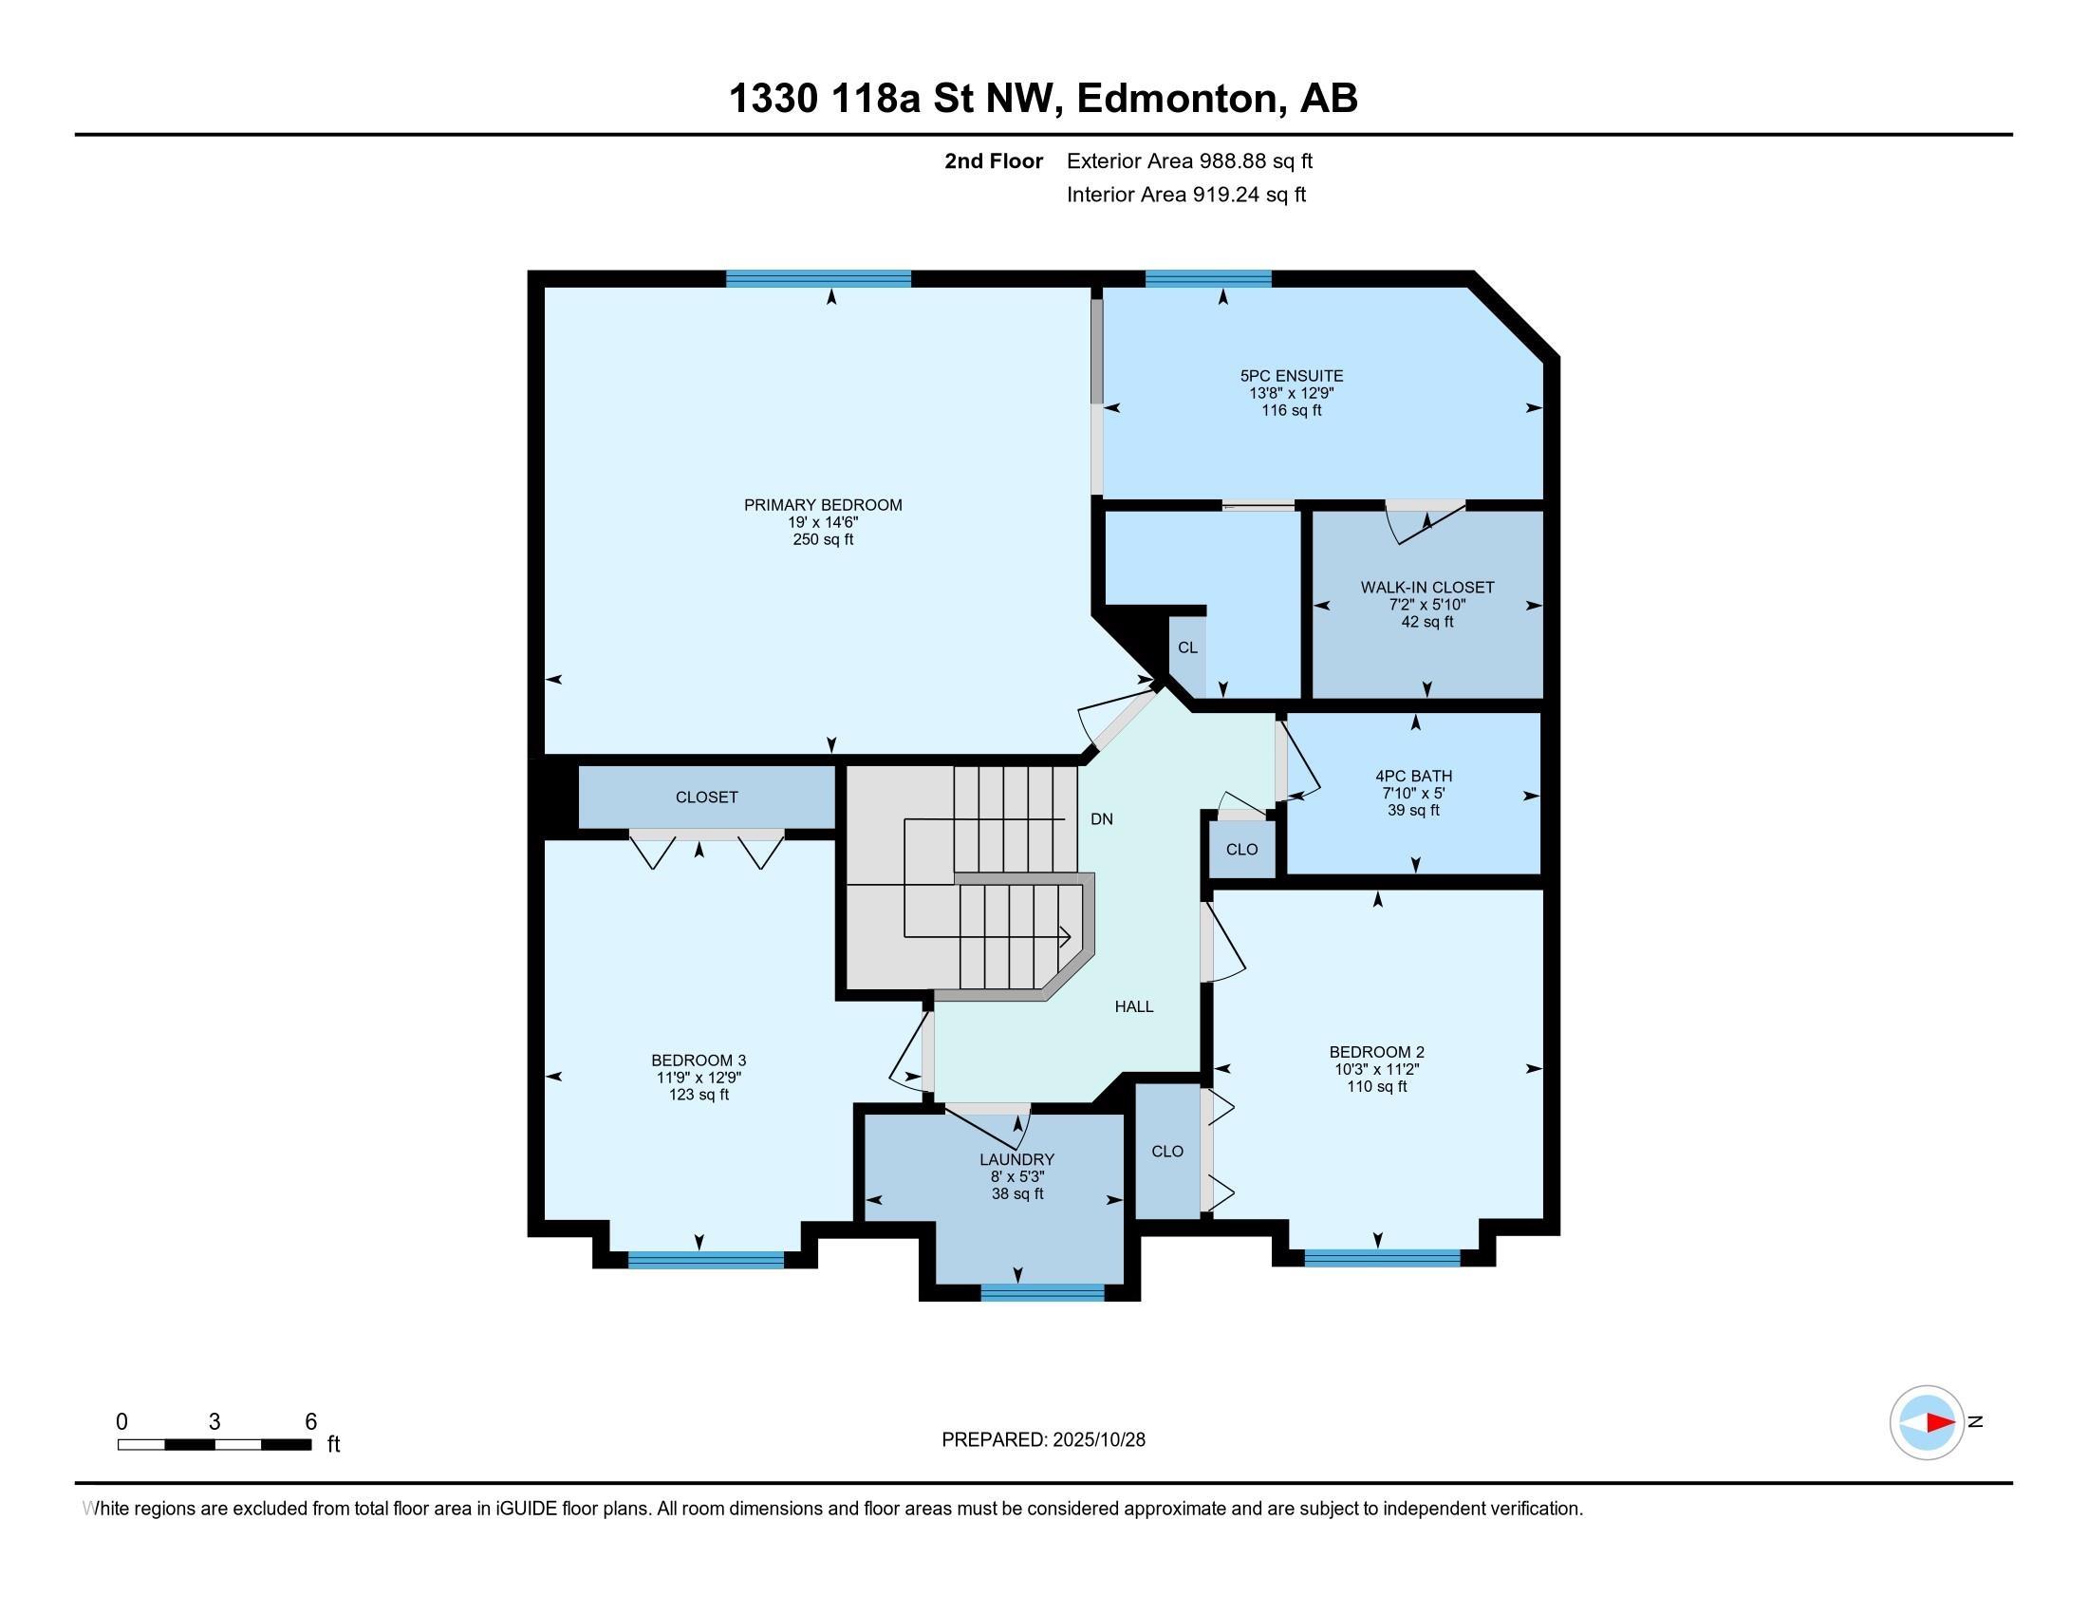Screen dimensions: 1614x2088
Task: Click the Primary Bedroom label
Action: tap(822, 505)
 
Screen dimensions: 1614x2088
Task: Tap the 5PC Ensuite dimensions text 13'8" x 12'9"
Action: tap(1291, 393)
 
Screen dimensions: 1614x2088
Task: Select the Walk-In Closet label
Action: tap(1426, 587)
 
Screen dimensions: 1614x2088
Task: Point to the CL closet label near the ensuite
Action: tap(1187, 647)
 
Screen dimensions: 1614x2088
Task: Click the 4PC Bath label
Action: tap(1413, 776)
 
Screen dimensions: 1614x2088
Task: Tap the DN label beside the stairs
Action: tap(1101, 819)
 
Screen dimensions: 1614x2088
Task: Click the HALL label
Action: tap(1134, 1006)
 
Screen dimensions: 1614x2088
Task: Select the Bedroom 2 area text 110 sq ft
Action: tap(1377, 1086)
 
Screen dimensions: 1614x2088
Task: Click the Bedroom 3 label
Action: tap(698, 1060)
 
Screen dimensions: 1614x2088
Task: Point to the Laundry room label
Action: tap(1016, 1160)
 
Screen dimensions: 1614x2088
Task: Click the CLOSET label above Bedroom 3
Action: tap(706, 798)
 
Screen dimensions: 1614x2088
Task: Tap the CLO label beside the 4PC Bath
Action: tap(1242, 850)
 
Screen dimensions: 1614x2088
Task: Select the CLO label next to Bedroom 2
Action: tap(1167, 1152)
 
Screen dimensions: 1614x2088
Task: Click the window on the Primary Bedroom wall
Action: tap(818, 279)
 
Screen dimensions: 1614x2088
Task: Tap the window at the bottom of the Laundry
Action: tap(1042, 1293)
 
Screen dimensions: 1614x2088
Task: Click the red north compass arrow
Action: tap(1939, 1423)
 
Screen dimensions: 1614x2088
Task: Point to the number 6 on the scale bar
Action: tap(310, 1422)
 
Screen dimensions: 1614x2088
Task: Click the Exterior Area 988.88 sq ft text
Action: tap(1189, 160)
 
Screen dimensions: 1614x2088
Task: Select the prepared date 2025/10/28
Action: tap(1097, 1440)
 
